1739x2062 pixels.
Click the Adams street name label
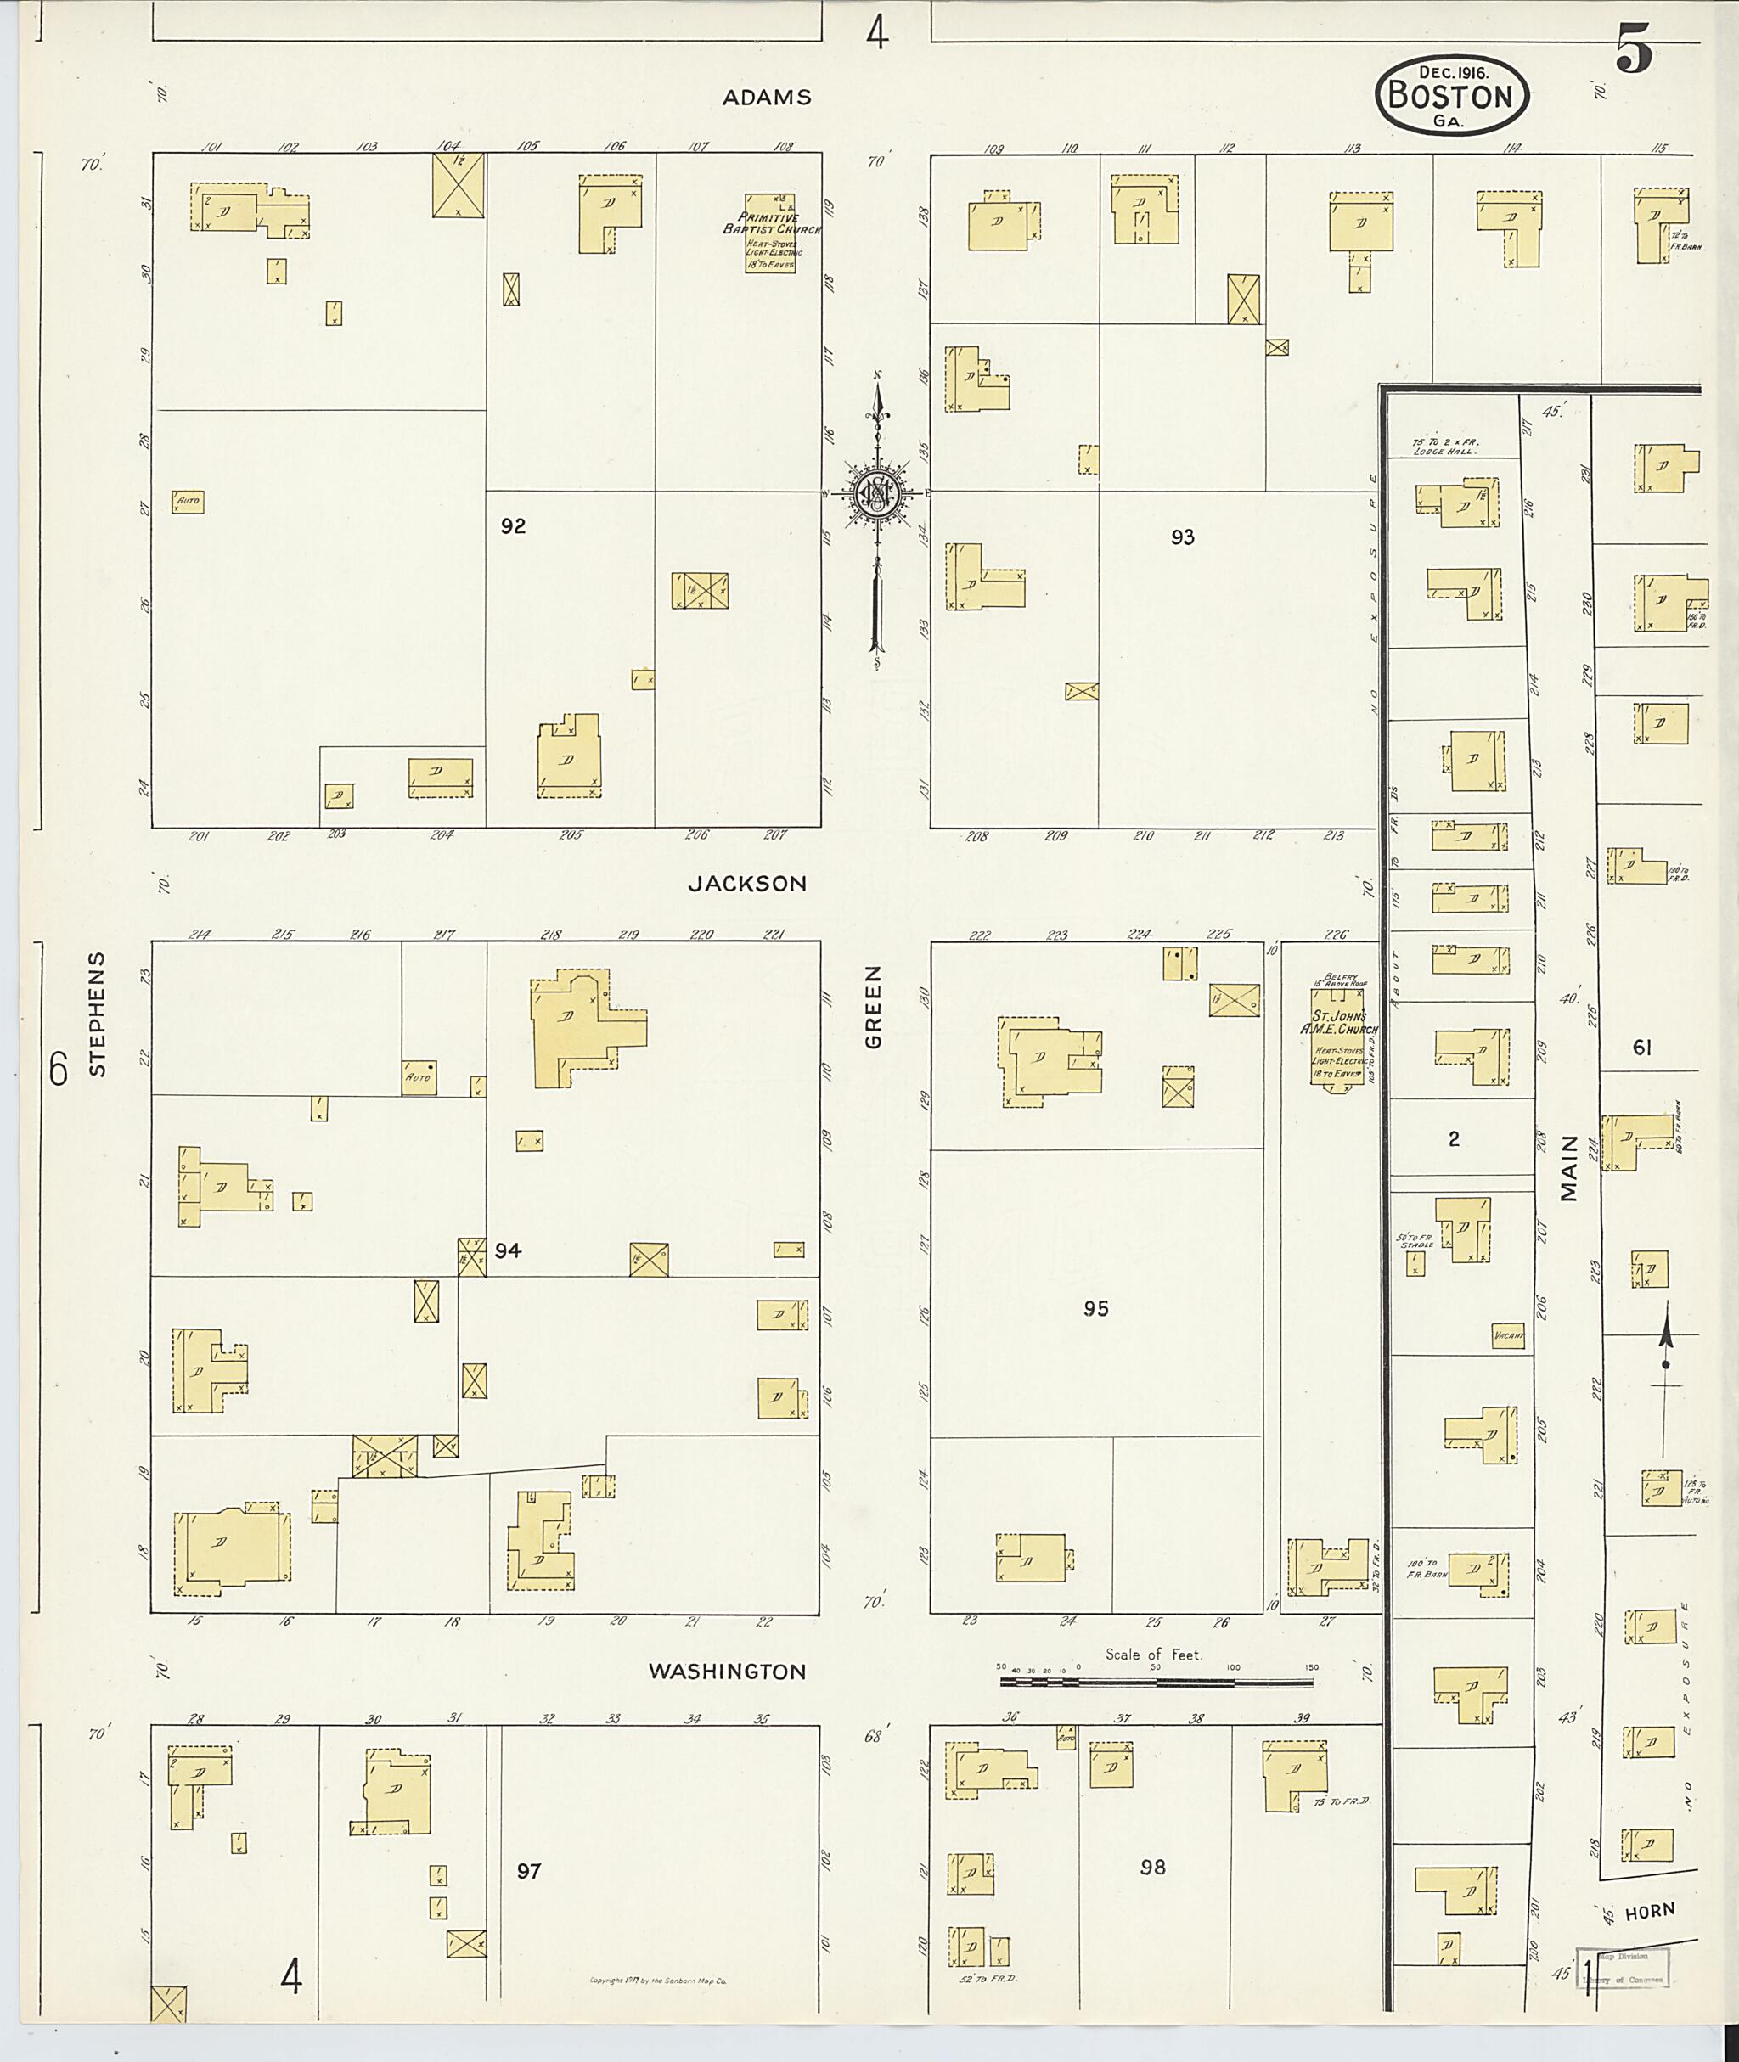point(766,98)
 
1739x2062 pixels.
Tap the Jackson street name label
point(747,884)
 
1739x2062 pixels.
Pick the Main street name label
point(1569,1169)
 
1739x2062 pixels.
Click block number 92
point(513,526)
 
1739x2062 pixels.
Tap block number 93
point(1182,537)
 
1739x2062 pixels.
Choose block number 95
point(1095,1308)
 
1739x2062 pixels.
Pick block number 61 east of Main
point(1641,1048)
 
